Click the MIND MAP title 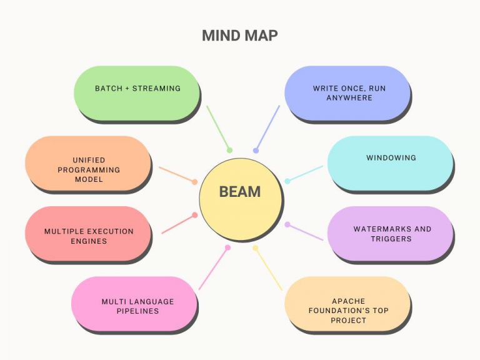240,36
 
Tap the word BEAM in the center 240,192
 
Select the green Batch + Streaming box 137,93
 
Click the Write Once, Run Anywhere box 347,93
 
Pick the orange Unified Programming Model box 88,164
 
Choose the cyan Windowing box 390,164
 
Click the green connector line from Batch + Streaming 218,128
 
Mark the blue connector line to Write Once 267,128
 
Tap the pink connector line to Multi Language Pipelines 213,268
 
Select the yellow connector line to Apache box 269,269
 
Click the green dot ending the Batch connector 229,150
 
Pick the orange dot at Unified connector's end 195,182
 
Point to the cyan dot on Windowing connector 287,181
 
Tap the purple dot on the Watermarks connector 287,224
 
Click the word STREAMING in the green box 156,89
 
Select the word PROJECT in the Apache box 348,321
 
